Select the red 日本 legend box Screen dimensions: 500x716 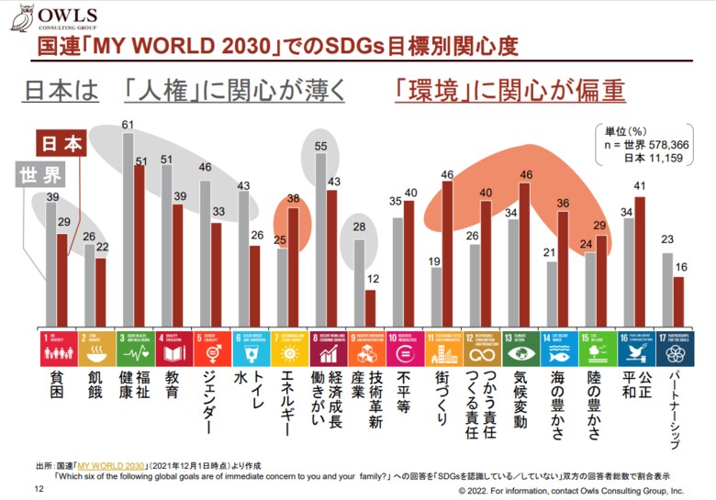(x=61, y=144)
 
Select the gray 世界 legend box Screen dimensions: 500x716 (x=39, y=174)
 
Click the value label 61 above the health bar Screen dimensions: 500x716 (x=129, y=125)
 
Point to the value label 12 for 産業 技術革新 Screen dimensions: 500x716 (x=371, y=280)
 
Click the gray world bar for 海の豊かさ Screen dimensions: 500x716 (x=552, y=294)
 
